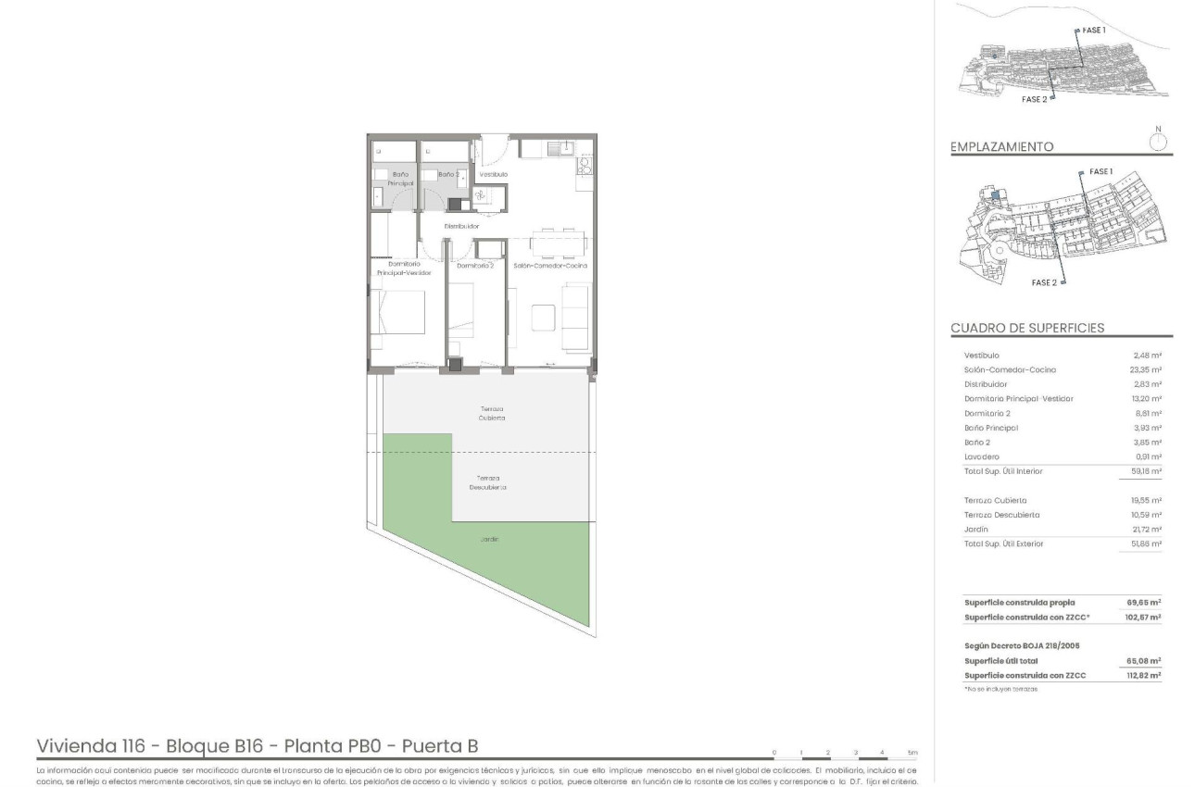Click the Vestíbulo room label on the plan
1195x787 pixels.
point(493,174)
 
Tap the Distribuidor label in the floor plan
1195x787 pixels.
point(460,226)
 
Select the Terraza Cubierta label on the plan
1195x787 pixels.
point(492,413)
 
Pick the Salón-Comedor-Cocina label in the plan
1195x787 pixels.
point(550,266)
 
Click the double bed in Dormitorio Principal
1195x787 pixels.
point(398,319)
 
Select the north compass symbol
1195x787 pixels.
point(1157,141)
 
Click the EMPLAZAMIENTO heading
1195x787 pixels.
point(1001,147)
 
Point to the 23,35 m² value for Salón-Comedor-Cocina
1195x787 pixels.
point(1147,369)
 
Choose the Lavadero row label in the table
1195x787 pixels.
point(980,456)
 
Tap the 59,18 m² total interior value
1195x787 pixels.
point(1147,471)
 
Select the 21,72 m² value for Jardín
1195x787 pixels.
point(1147,529)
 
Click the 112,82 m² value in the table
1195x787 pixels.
point(1145,676)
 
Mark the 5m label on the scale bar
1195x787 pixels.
point(912,753)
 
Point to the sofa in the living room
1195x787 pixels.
point(576,317)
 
